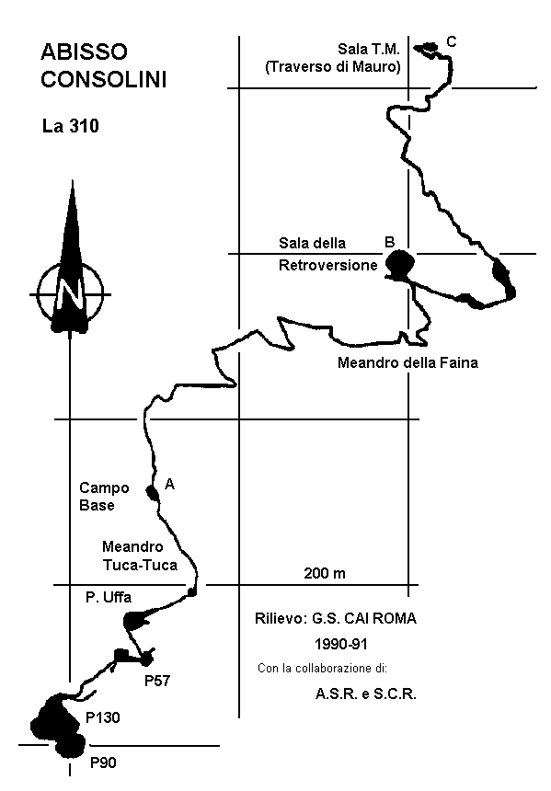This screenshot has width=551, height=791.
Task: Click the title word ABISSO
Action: (85, 52)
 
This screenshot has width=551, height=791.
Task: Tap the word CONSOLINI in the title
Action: (103, 80)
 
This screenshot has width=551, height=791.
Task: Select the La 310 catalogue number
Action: (71, 126)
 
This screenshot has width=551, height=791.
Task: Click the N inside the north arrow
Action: (69, 293)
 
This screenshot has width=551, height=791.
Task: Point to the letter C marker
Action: (452, 42)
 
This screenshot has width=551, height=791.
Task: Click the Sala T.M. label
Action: (369, 49)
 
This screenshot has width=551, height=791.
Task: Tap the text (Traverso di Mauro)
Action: (334, 66)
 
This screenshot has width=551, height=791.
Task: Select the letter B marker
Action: (389, 242)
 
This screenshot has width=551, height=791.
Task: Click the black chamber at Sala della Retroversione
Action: (400, 264)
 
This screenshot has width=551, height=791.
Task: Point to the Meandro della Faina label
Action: (408, 362)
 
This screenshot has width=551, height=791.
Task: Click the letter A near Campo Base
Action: (170, 485)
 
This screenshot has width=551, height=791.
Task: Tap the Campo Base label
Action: (104, 497)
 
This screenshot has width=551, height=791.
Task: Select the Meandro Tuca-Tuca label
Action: (140, 556)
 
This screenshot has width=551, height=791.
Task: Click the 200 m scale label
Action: (325, 573)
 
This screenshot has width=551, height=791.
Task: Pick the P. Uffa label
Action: (109, 597)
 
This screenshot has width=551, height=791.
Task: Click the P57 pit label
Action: (157, 681)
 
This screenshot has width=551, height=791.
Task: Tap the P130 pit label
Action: (103, 717)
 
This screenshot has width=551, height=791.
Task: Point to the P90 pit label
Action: (103, 762)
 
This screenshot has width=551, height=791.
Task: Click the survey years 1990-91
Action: (341, 644)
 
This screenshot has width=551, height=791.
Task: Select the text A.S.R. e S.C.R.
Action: (366, 694)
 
